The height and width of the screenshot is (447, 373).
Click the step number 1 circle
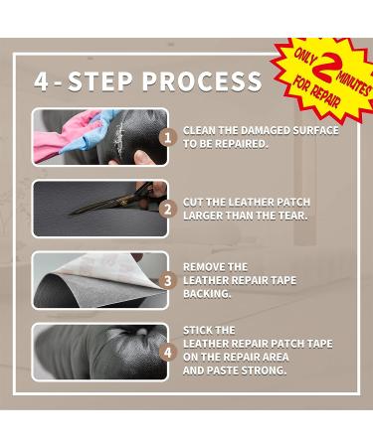[x=168, y=137]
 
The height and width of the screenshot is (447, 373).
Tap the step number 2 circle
[x=168, y=210]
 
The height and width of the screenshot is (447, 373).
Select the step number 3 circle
[x=168, y=281]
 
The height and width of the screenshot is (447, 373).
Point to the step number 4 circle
[x=168, y=352]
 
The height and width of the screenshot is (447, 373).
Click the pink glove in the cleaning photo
[x=55, y=135]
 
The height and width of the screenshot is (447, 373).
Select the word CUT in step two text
[x=194, y=203]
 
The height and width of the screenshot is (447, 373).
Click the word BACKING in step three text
[x=207, y=294]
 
